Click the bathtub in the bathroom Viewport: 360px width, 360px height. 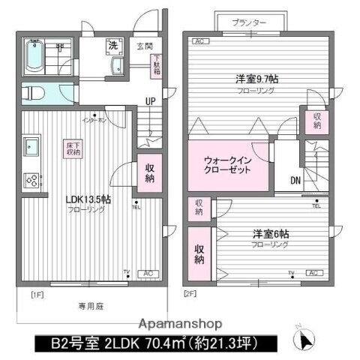[34, 54]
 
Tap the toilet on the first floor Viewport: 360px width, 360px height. [34, 93]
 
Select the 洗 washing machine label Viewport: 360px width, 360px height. [112, 46]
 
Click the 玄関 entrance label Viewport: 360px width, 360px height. [143, 46]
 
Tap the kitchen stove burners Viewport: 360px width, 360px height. [32, 180]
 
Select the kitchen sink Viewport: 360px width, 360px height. [32, 145]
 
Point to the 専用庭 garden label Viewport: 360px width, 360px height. [88, 306]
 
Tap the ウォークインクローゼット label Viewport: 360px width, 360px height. [228, 165]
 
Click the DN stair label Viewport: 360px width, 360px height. [296, 180]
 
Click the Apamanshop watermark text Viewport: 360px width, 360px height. [177, 324]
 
